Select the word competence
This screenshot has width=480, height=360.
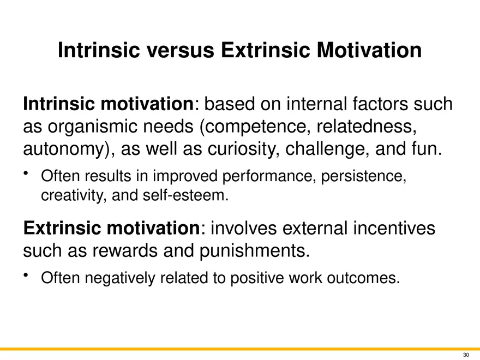259,127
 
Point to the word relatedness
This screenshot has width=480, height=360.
367,126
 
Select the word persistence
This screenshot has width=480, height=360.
364,176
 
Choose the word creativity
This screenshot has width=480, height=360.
74,195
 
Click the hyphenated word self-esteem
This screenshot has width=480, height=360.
185,195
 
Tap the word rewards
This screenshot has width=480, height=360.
125,250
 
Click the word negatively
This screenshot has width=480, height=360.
120,278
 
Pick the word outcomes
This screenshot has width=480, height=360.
363,278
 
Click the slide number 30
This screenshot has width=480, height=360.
466,355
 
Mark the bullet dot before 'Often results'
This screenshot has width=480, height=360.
26,173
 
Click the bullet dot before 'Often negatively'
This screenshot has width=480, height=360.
26,274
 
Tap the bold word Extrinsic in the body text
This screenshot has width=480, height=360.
62,228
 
